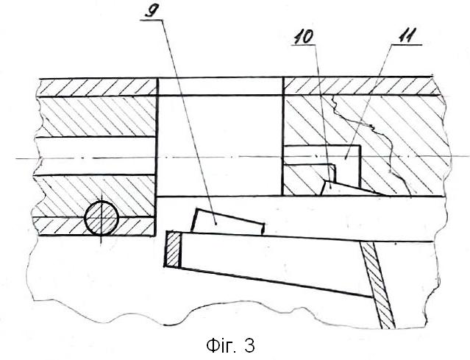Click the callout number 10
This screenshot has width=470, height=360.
point(303,38)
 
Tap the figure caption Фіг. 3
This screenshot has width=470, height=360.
point(230,345)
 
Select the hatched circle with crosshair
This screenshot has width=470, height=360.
point(102,218)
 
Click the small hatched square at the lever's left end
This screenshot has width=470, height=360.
point(173,249)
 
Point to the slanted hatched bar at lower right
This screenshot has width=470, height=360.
point(377,284)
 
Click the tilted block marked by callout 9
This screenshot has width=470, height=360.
point(227,222)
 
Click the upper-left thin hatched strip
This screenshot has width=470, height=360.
point(97,87)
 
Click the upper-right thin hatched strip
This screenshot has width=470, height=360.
point(363,86)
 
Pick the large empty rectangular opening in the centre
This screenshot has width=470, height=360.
point(219,146)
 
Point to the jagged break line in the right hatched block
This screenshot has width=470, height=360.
point(371,144)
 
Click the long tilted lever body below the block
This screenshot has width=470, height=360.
point(270,264)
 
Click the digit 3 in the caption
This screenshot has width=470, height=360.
point(249,346)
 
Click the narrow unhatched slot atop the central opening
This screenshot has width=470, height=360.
point(220,86)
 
